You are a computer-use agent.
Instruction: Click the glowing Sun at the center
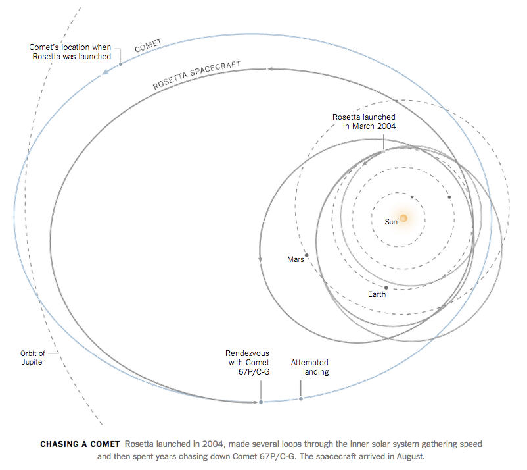pyautogui.click(x=403, y=218)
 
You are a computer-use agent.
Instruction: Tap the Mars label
pyautogui.click(x=295, y=259)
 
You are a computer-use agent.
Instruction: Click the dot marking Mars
pyautogui.click(x=307, y=255)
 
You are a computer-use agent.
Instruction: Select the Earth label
pyautogui.click(x=377, y=294)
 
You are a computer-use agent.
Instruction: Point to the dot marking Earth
pyautogui.click(x=386, y=287)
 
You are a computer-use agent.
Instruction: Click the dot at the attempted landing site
pyautogui.click(x=301, y=398)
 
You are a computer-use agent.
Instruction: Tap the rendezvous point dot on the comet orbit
pyautogui.click(x=261, y=402)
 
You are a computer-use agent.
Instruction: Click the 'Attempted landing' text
pyautogui.click(x=309, y=367)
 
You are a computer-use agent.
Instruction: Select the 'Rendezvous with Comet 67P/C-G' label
pyautogui.click(x=247, y=363)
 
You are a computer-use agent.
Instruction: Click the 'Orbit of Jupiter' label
pyautogui.click(x=32, y=357)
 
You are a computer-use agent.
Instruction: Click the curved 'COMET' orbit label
pyautogui.click(x=148, y=47)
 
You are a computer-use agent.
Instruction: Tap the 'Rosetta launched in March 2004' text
pyautogui.click(x=363, y=121)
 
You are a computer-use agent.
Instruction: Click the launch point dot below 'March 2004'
pyautogui.click(x=383, y=152)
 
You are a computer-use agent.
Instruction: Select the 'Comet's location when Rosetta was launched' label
pyautogui.click(x=69, y=52)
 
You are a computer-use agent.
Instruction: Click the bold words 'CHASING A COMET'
pyautogui.click(x=80, y=444)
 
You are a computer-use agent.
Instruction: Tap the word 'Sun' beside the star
pyautogui.click(x=391, y=222)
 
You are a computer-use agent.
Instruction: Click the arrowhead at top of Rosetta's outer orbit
pyautogui.click(x=270, y=68)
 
